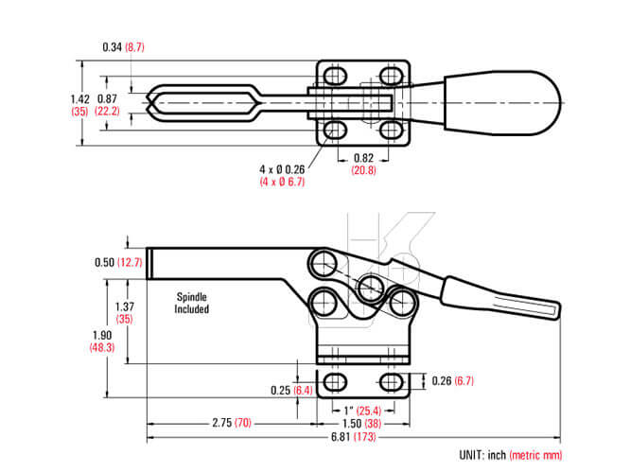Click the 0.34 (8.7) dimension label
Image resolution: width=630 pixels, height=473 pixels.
pyautogui.click(x=123, y=47)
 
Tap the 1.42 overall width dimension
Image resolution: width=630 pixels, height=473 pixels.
pyautogui.click(x=79, y=99)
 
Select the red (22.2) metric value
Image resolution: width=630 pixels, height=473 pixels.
pyautogui.click(x=107, y=111)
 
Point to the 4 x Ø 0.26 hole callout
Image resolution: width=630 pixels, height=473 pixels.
pyautogui.click(x=282, y=169)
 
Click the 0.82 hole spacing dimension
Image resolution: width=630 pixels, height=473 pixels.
pyautogui.click(x=363, y=158)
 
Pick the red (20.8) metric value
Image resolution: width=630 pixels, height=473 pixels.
pyautogui.click(x=363, y=170)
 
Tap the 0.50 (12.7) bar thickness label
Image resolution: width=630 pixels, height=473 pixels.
pyautogui.click(x=118, y=262)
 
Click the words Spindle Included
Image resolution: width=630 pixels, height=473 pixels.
pyautogui.click(x=192, y=303)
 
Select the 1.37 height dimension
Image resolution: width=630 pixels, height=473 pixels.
pyautogui.click(x=125, y=307)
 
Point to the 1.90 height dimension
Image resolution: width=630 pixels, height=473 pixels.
pyautogui.click(x=102, y=335)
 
